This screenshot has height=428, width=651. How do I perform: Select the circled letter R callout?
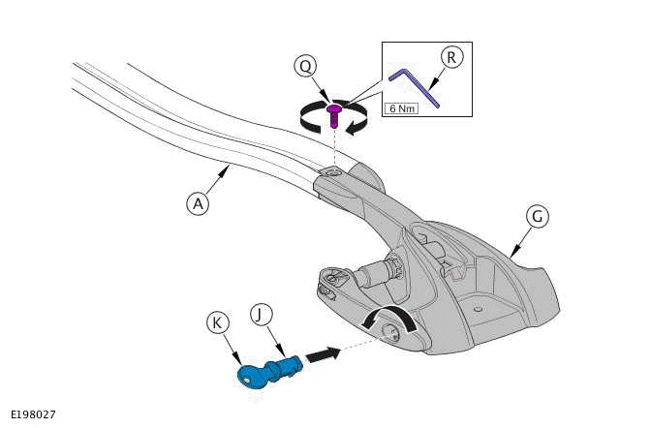point(451,58)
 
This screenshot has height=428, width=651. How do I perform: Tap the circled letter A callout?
point(198,203)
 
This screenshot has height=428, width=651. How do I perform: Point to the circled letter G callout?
point(538,216)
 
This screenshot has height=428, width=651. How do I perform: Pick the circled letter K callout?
point(217,322)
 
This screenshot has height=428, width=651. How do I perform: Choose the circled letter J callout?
point(262,315)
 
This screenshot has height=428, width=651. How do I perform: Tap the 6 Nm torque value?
point(401,108)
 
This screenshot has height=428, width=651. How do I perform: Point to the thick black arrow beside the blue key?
point(324,355)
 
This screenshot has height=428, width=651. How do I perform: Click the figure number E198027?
point(33,414)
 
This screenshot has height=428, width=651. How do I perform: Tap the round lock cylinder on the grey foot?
point(390,332)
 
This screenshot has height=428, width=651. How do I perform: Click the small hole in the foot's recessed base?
point(478,309)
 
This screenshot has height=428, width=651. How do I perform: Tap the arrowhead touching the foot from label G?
point(514,251)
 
